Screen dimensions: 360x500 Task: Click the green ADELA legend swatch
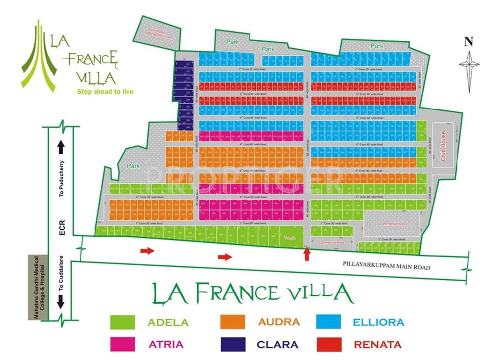122,322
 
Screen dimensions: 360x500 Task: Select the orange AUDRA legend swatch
232,322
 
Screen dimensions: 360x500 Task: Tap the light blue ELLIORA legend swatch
328,322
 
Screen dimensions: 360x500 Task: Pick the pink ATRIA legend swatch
122,344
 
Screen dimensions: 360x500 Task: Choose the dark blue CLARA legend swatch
232,344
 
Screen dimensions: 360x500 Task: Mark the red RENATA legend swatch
328,344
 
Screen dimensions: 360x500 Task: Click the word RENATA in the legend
377,345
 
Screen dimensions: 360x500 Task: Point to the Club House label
443,146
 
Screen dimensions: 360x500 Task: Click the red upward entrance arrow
307,254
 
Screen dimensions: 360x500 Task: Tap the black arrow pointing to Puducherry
61,147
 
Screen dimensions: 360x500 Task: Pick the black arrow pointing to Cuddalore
61,304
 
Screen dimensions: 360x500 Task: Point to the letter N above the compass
468,42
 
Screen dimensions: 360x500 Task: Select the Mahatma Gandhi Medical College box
38,288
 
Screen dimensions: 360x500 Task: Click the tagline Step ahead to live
105,91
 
